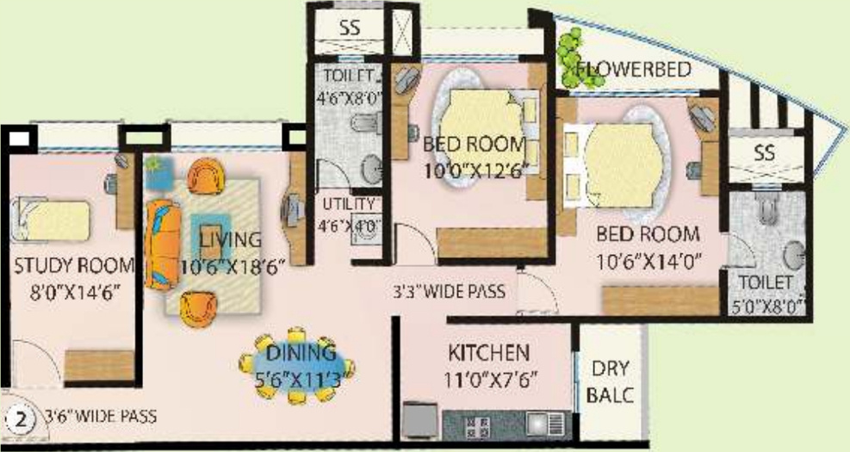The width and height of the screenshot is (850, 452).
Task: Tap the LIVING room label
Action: tap(229, 238)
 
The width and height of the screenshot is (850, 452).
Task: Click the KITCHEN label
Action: tap(488, 353)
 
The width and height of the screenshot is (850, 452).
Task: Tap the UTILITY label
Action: tap(349, 205)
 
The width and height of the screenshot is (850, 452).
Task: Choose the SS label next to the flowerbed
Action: tap(763, 153)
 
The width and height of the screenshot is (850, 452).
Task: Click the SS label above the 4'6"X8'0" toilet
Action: tap(350, 28)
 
